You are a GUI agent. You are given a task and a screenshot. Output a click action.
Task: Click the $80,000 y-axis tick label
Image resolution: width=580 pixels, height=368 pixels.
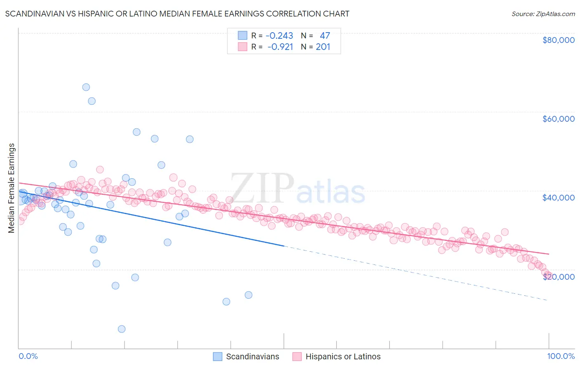(x=558, y=40)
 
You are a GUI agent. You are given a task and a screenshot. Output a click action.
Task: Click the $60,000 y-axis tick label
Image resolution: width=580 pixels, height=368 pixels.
(x=558, y=119)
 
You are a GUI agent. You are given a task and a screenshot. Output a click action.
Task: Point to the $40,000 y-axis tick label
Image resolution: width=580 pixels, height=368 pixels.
(x=558, y=198)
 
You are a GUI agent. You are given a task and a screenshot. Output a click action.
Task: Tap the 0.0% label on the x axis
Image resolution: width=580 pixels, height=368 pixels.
(x=28, y=356)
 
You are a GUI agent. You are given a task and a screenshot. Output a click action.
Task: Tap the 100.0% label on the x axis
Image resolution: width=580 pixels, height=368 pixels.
(x=561, y=356)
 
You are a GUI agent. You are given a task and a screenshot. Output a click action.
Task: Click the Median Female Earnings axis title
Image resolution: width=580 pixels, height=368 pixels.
(x=12, y=188)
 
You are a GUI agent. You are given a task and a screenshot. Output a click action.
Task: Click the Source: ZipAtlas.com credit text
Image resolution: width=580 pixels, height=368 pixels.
(x=543, y=14)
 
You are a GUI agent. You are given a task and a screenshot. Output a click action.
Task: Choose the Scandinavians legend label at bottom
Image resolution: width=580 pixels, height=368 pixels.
(x=252, y=356)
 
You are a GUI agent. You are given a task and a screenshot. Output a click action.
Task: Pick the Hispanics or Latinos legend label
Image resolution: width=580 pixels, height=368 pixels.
(x=343, y=356)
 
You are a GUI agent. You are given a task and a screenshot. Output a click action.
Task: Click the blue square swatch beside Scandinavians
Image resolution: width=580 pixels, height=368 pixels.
(x=217, y=356)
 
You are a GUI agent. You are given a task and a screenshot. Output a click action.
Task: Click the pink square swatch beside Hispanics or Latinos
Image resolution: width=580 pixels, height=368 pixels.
(x=297, y=356)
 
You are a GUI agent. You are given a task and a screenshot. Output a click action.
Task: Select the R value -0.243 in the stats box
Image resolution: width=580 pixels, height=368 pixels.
(x=279, y=36)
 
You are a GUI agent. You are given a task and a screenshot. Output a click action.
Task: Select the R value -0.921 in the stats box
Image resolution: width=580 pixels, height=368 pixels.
(x=280, y=47)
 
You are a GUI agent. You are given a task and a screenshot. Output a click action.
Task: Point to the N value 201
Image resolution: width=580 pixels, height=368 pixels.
(x=323, y=47)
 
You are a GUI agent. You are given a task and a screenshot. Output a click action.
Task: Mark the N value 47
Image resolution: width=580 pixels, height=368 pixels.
(x=325, y=36)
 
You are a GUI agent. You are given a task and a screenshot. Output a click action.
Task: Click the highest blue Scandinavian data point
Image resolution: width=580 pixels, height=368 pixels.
(x=86, y=87)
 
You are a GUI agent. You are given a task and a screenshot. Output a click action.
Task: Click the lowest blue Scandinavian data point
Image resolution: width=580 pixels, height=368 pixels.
(x=122, y=329)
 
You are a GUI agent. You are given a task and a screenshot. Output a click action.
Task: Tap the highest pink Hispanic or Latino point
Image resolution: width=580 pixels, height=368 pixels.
(x=100, y=170)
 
